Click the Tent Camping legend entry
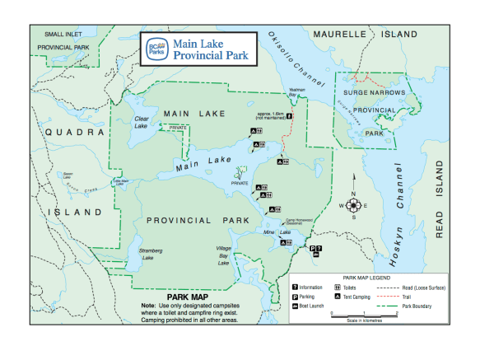click(x=358, y=297)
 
